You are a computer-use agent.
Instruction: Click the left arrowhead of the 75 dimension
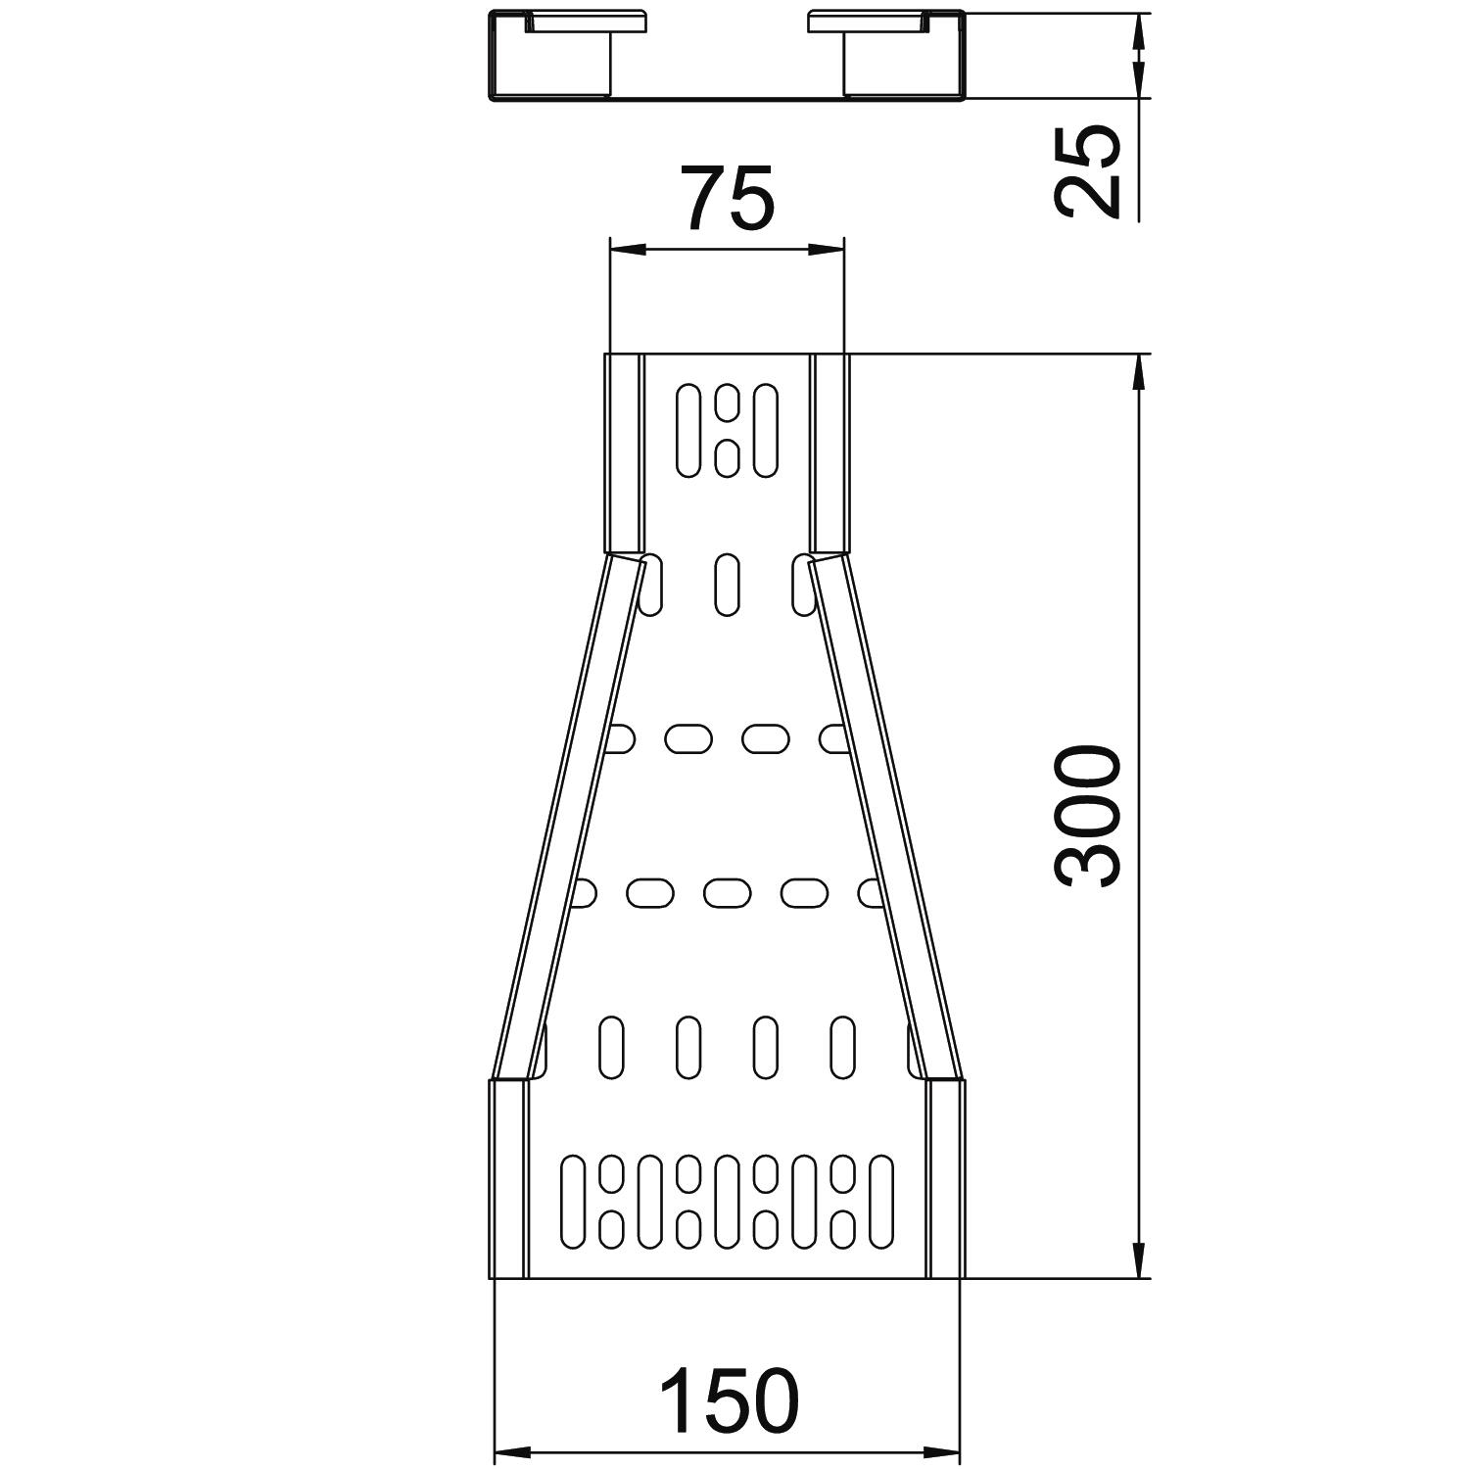[x=628, y=250]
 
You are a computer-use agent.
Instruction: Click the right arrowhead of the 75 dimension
[x=825, y=250]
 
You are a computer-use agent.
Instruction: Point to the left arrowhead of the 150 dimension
[x=511, y=1450]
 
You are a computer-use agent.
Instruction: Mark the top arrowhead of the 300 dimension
[x=1139, y=373]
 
